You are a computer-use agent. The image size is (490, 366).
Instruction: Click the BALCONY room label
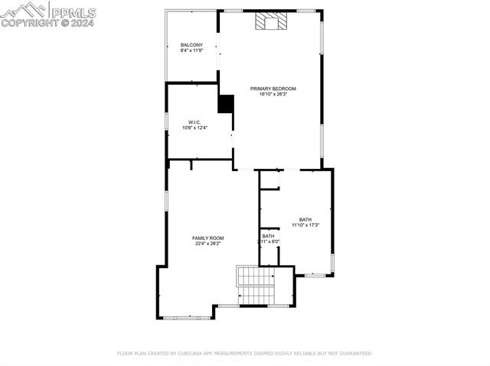coord(191,45)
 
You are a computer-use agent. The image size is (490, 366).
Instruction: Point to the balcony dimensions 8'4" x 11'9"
coord(191,51)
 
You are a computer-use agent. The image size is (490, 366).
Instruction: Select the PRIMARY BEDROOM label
coord(273,89)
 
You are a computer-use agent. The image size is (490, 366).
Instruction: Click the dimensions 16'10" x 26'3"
coord(273,95)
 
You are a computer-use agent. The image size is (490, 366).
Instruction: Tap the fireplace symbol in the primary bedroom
coord(269,22)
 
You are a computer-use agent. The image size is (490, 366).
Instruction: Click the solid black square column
coord(225,104)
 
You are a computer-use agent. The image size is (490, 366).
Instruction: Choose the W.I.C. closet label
coord(194,122)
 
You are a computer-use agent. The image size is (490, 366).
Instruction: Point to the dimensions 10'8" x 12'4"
coord(194,128)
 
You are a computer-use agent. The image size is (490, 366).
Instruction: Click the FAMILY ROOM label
coord(207,238)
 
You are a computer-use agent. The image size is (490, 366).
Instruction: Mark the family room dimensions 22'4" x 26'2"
coord(207,245)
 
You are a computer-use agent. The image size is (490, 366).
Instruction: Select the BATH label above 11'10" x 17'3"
coord(305,219)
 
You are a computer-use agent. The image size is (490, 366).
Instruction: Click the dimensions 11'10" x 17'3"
coord(305,225)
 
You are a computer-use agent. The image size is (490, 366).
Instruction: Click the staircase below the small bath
coord(256,286)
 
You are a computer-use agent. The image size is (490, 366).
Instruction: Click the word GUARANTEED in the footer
coord(354,354)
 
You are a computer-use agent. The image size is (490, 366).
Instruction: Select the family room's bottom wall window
coord(188,317)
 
